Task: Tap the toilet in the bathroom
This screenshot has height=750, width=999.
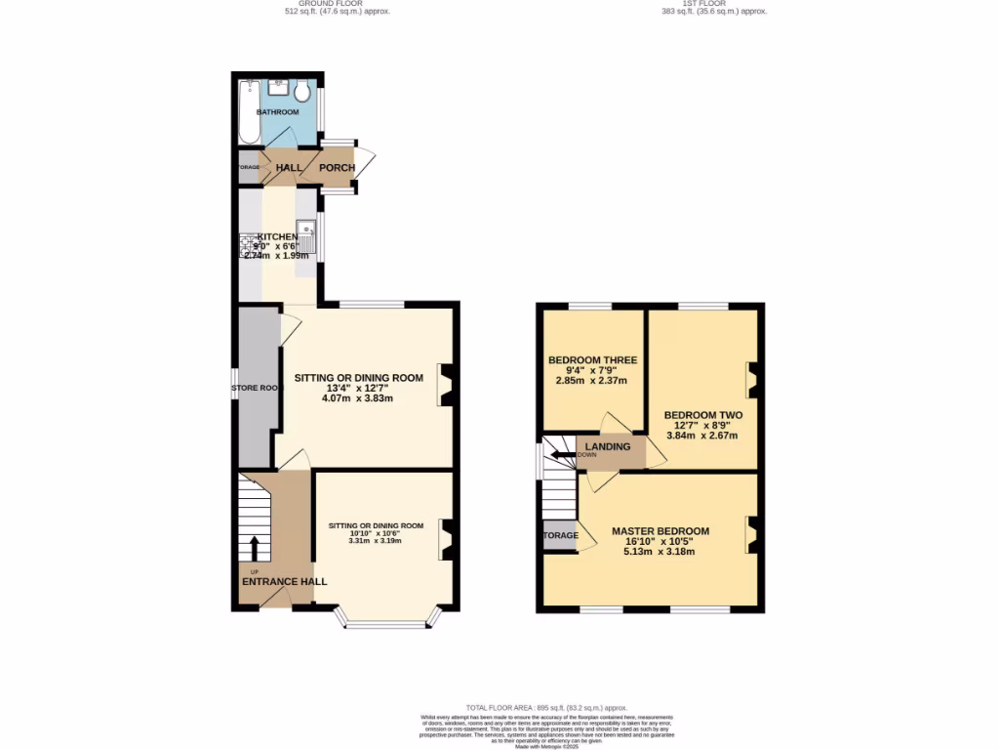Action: [x=303, y=93]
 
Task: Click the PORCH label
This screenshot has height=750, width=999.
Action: [x=337, y=168]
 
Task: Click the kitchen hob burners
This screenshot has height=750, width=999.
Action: [x=247, y=244]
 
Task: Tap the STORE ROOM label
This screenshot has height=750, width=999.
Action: [x=255, y=388]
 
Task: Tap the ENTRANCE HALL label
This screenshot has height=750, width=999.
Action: [x=284, y=582]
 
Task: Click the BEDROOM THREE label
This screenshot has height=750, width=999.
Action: [x=590, y=360]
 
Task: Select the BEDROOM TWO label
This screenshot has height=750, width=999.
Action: [x=702, y=415]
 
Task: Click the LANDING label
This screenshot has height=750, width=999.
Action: [x=608, y=447]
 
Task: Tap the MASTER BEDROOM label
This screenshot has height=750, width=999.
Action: [x=659, y=531]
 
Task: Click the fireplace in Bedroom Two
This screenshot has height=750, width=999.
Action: [x=752, y=379]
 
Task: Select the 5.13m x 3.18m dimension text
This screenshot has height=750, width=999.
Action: [x=659, y=552]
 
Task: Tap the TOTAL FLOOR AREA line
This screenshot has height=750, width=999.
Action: [x=546, y=707]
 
